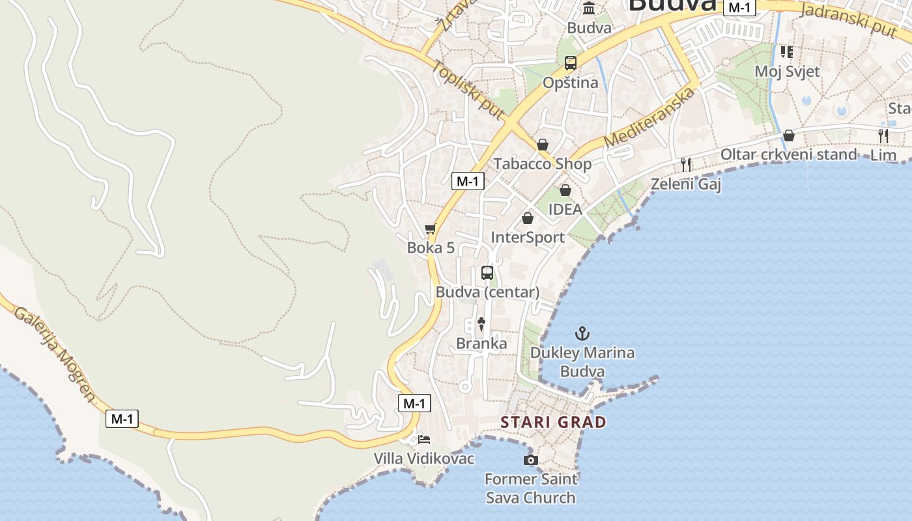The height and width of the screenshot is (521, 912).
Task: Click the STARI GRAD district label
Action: click(x=553, y=422)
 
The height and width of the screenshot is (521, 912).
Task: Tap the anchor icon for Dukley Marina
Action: click(x=582, y=334)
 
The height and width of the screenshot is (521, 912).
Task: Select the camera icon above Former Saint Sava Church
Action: click(x=531, y=460)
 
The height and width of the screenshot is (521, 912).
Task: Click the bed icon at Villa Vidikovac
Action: click(x=424, y=440)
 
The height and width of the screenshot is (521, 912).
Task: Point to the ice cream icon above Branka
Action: click(x=481, y=324)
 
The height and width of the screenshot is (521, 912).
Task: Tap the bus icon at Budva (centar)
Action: click(x=487, y=273)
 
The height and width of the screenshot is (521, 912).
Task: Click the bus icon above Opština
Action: click(x=571, y=63)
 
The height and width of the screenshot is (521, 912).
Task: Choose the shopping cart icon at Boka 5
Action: click(x=430, y=229)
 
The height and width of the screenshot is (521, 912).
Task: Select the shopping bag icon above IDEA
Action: click(x=565, y=190)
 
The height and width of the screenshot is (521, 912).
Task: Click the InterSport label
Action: click(x=528, y=237)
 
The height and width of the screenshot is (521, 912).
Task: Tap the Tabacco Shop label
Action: click(x=543, y=163)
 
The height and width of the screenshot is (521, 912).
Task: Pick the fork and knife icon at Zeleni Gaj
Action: click(x=686, y=164)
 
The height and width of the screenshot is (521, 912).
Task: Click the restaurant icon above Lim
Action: click(x=883, y=136)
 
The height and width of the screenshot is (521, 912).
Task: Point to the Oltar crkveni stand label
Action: click(x=788, y=154)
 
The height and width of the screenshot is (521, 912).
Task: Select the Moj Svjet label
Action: click(x=787, y=71)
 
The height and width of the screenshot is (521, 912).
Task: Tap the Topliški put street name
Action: click(x=468, y=90)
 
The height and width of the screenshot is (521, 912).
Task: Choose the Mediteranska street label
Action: click(x=649, y=118)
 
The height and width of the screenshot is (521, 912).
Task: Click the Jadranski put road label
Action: click(x=853, y=20)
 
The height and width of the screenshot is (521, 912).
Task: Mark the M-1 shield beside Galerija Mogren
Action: click(x=122, y=419)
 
